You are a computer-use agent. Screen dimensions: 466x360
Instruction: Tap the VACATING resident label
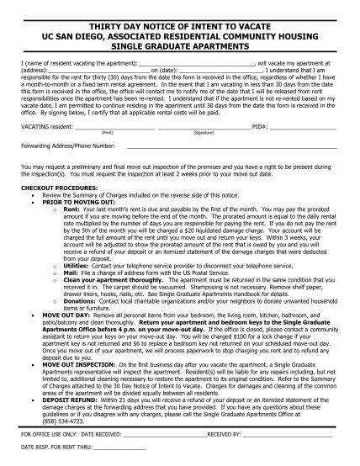click(x=45, y=127)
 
